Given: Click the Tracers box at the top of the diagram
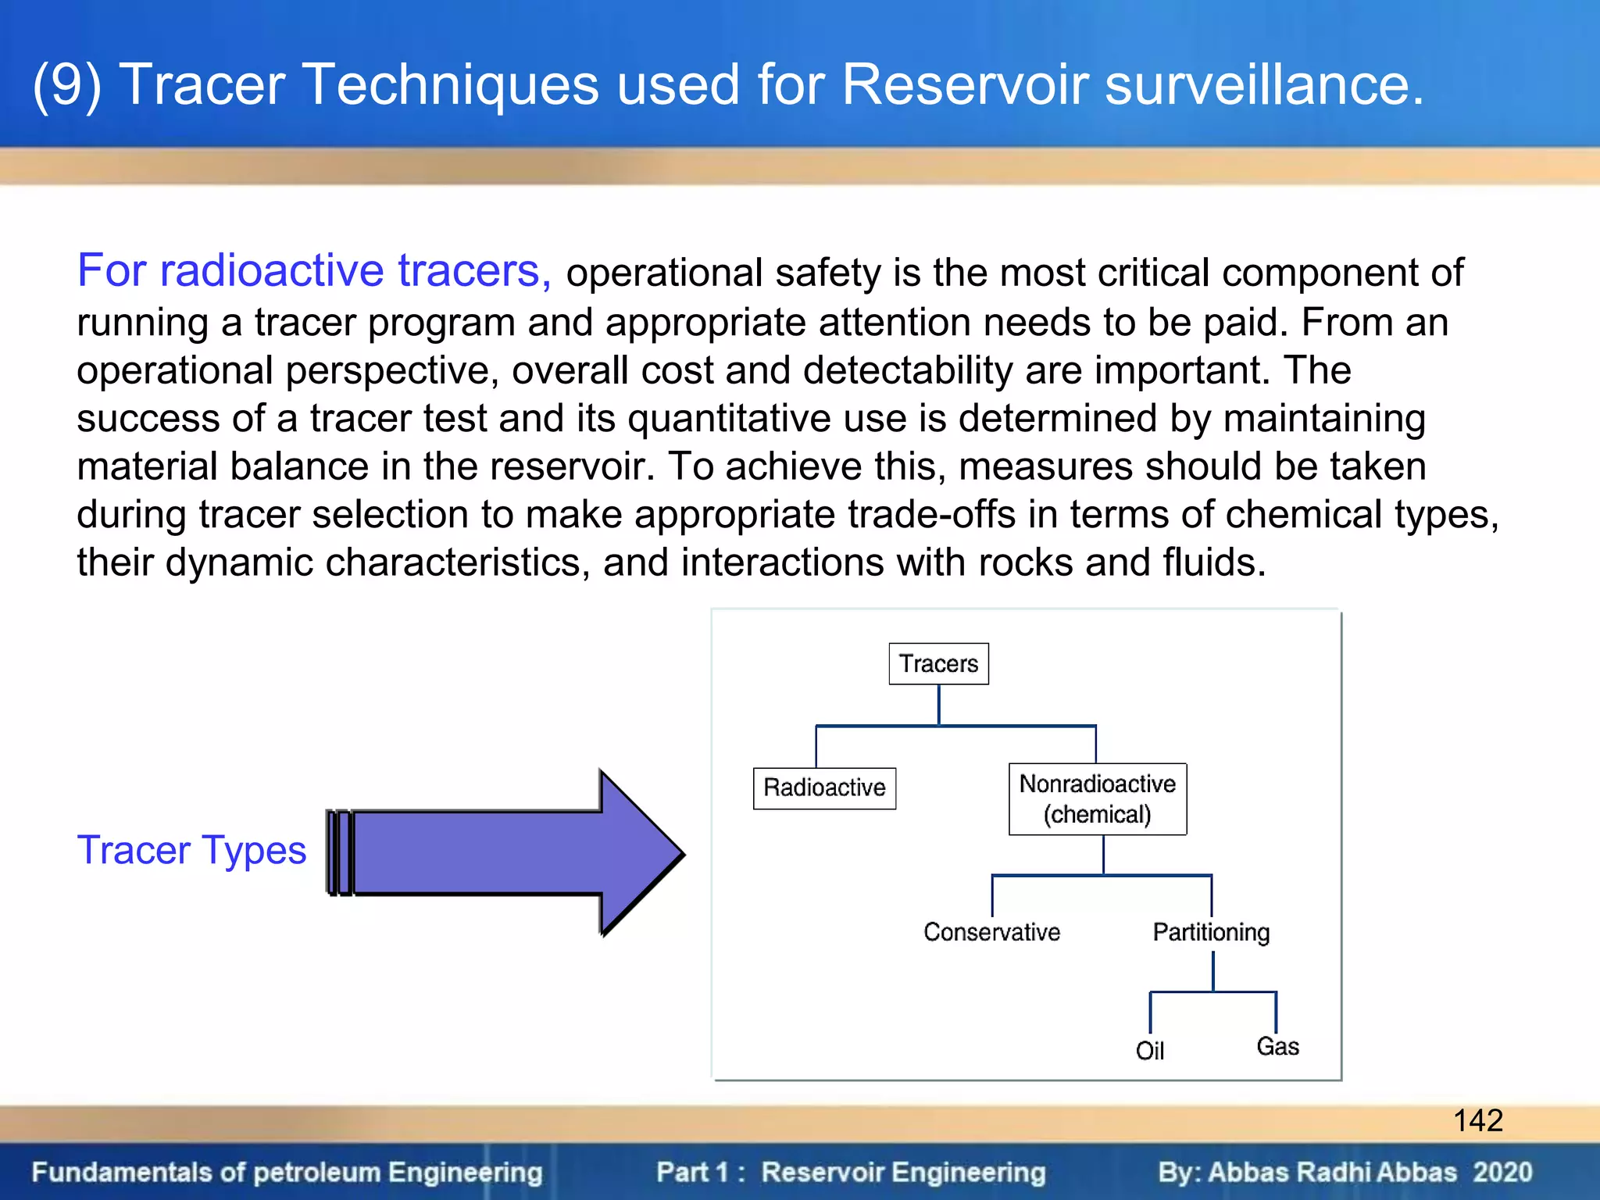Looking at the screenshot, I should click(x=938, y=664).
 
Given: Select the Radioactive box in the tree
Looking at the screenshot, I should click(x=824, y=787).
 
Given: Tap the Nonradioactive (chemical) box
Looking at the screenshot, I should click(x=1097, y=799).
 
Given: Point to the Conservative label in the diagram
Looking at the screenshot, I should click(x=991, y=932).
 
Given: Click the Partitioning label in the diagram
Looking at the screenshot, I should click(x=1211, y=932).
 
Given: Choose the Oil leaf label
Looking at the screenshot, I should click(x=1149, y=1051).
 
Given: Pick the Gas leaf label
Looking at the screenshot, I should click(x=1277, y=1047).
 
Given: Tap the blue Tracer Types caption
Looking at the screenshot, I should click(x=191, y=850).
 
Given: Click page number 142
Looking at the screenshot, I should click(x=1477, y=1120).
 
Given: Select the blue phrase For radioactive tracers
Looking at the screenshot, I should click(x=314, y=271).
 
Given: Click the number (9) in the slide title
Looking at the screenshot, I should click(x=67, y=84).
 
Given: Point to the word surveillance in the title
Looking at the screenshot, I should click(x=1264, y=84).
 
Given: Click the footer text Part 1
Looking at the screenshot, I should click(x=692, y=1172).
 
